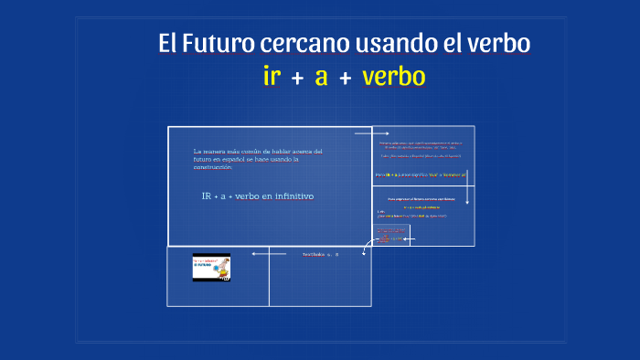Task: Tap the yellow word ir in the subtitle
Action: [x=271, y=77]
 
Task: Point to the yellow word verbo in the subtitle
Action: [x=393, y=77]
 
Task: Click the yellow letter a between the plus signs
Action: [x=321, y=78]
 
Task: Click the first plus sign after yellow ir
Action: [x=296, y=79]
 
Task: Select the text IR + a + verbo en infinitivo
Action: [x=257, y=196]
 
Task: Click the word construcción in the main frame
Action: [x=213, y=167]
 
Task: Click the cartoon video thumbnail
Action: [x=211, y=267]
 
